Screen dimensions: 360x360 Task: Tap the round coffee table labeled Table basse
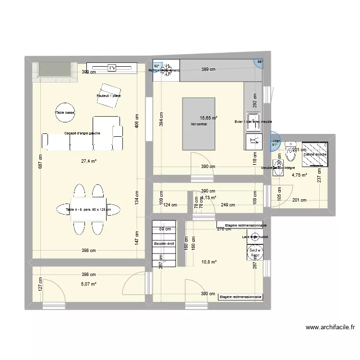click(65, 113)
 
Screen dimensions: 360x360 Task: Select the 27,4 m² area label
click(88, 162)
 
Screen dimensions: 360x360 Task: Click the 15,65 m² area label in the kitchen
click(208, 118)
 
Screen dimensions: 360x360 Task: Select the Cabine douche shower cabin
click(315, 154)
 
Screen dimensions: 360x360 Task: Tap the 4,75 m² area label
click(299, 175)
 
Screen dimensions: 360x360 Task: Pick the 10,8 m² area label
click(209, 262)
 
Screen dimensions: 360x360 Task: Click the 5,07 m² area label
click(88, 284)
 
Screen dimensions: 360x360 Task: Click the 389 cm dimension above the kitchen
click(208, 70)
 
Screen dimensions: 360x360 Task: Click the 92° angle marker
click(156, 67)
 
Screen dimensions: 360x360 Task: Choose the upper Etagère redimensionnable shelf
click(241, 225)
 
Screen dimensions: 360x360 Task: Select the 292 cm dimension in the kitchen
click(255, 103)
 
